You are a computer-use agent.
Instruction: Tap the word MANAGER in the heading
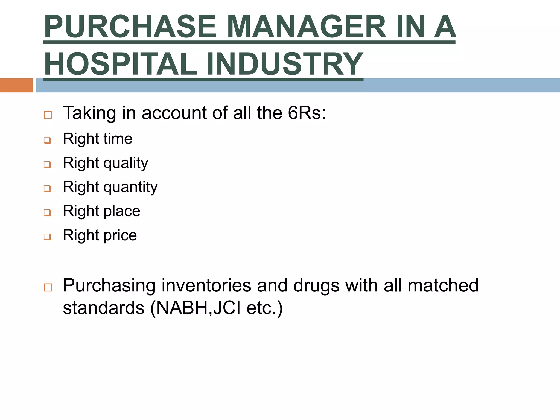pyautogui.click(x=307, y=27)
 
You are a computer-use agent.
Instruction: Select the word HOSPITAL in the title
pyautogui.click(x=120, y=64)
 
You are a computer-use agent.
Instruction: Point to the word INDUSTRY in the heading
pyautogui.click(x=285, y=64)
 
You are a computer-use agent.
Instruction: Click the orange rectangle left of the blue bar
pyautogui.click(x=16, y=85)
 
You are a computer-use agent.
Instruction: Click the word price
pyautogui.click(x=120, y=235)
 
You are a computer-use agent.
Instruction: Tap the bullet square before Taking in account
pyautogui.click(x=48, y=115)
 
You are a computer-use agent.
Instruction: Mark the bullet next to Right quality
pyautogui.click(x=47, y=164)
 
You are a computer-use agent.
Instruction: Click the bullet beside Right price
pyautogui.click(x=47, y=237)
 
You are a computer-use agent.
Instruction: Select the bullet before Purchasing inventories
pyautogui.click(x=48, y=287)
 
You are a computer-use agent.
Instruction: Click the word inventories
pyautogui.click(x=206, y=285)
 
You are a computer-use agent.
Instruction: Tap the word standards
pyautogui.click(x=104, y=308)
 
